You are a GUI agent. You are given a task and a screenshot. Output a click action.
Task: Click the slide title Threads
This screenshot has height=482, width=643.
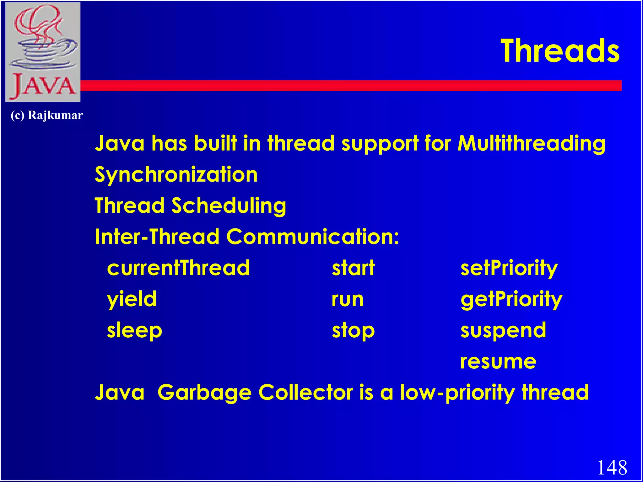560,51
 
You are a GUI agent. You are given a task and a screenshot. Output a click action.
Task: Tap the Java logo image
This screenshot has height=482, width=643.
43,52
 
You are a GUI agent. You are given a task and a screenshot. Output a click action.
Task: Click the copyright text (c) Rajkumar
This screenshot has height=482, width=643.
47,115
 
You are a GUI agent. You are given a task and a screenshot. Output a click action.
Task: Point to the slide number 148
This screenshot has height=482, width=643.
612,468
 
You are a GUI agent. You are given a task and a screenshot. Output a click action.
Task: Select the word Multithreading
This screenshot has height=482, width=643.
531,144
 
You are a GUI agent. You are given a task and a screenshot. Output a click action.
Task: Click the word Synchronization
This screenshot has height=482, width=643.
176,175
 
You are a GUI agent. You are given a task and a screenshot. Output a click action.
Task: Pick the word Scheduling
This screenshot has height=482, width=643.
229,206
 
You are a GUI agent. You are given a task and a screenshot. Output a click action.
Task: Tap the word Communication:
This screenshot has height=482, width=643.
313,237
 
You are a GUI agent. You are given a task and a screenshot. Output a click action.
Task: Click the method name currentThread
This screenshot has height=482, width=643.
178,268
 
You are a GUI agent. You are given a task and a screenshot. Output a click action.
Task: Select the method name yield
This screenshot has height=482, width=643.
132,299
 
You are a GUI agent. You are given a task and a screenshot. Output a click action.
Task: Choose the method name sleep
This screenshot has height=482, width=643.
134,331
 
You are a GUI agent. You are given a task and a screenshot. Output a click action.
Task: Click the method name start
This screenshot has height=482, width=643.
353,268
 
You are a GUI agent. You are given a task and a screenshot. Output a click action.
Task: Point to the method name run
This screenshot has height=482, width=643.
348,299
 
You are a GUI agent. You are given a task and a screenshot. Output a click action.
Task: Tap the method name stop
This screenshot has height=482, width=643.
353,331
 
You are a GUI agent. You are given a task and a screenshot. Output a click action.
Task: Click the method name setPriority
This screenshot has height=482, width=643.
509,268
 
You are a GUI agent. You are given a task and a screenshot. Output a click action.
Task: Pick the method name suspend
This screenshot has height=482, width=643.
503,331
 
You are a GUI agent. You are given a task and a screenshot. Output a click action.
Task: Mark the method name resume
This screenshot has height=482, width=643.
498,361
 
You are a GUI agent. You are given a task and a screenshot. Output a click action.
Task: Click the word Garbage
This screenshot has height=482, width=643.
204,393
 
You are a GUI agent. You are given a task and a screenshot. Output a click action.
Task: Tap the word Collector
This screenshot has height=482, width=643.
306,393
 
